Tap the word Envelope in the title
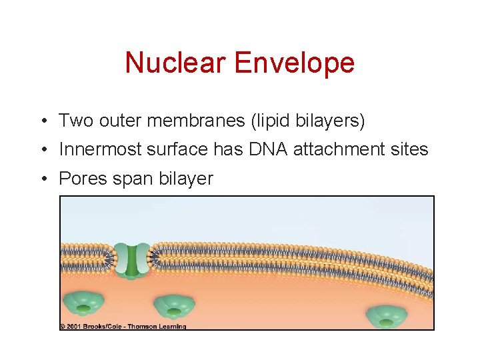coord(295,63)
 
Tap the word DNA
coord(269,150)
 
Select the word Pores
coord(81,179)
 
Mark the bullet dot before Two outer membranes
coord(42,121)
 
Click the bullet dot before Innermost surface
coord(42,150)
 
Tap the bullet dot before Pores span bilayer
coord(42,179)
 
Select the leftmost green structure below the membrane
coord(85,304)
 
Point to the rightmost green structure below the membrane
coord(386,316)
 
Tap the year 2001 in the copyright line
coord(74,327)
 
